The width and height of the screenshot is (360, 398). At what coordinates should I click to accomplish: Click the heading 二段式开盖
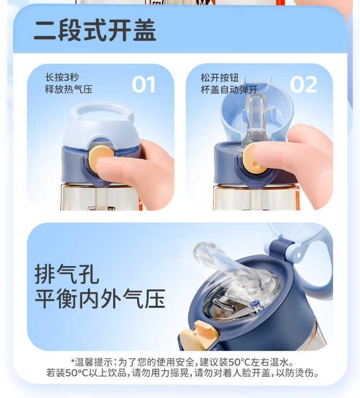coord(95,30)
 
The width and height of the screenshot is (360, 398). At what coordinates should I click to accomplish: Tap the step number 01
coord(144,84)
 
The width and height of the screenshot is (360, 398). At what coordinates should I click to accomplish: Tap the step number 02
coord(303,84)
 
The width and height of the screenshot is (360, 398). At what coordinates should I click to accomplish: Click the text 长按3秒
coord(62,77)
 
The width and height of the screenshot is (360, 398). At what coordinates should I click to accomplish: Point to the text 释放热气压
coord(69,89)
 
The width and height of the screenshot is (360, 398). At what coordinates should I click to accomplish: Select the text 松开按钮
coord(220,78)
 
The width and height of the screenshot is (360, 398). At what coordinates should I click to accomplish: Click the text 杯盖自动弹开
coord(229,90)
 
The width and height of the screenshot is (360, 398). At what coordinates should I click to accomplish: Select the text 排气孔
coord(67,274)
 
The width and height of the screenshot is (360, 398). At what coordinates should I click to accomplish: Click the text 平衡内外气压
coord(100,299)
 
